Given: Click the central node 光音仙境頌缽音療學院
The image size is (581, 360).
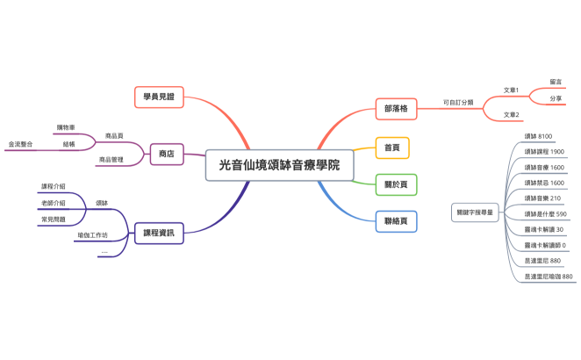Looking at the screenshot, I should point(279,164).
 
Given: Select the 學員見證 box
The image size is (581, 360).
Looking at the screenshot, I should point(159,95).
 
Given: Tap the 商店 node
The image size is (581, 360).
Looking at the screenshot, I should point(166,155).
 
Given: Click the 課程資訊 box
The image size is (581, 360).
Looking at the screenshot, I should point(158,233).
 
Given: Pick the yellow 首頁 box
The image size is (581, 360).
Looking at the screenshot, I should point(392,148).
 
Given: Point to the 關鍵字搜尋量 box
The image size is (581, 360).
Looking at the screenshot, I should point(475,212).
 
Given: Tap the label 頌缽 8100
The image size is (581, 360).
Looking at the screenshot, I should point(538,136).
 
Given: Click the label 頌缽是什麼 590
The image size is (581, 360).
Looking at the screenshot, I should point(545,213).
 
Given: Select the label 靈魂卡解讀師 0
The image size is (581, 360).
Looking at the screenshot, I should point(544,245).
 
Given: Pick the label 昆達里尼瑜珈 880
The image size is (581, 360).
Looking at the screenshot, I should point(549,277).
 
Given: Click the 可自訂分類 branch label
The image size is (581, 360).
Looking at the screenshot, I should point(458,102).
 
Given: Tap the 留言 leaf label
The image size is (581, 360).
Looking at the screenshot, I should point(556,82).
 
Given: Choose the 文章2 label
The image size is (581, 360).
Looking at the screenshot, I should point(511,114).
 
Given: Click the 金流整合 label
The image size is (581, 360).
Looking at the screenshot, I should point(21,143).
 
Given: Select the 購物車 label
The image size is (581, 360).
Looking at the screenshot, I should point(66,127).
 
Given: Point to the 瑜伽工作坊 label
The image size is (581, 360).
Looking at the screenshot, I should point(93,235).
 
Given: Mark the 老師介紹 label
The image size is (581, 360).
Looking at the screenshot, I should point(54,203).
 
